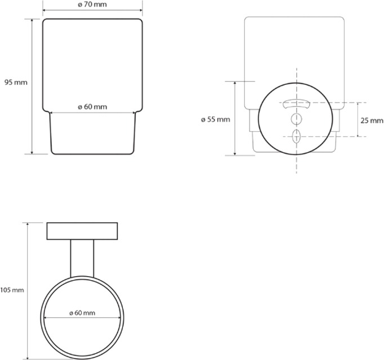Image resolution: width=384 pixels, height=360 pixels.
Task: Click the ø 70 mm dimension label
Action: (92, 4)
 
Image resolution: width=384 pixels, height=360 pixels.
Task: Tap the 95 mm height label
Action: (16, 83)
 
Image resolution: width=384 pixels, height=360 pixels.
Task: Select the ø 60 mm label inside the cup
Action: (92, 107)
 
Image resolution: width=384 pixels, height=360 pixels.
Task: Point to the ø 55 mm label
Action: (216, 119)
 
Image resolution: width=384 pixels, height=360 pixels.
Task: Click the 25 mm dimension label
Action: (372, 120)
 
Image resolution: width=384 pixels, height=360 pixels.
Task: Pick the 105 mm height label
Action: (12, 290)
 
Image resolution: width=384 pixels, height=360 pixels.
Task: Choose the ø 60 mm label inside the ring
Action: (82, 313)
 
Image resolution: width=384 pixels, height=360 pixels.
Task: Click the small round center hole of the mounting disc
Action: (296, 119)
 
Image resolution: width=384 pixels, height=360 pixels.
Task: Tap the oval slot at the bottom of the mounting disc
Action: (296, 136)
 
